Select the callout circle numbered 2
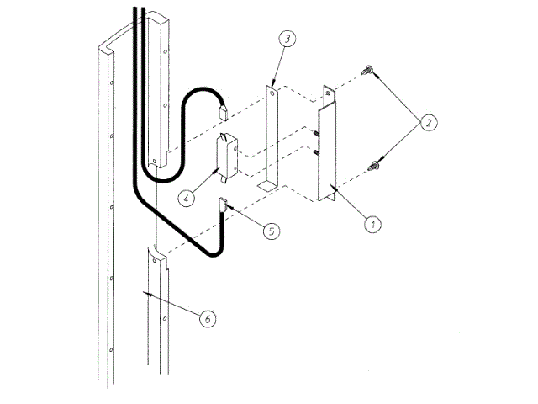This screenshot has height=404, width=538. (x=429, y=122)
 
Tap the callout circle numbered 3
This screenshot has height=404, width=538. (x=287, y=39)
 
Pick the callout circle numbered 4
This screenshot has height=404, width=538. (x=187, y=199)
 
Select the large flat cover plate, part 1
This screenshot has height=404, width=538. (x=327, y=151)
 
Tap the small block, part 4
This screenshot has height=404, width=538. (x=228, y=157)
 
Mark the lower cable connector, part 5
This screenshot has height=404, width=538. (x=225, y=204)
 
